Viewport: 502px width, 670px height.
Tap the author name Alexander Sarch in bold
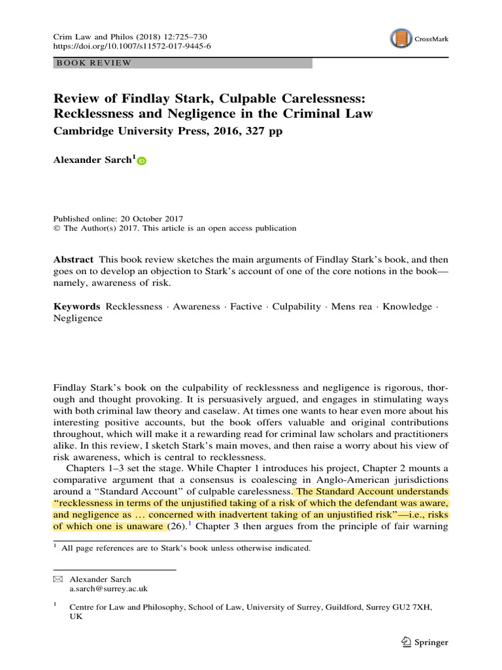(92, 161)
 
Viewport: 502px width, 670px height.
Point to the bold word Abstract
(73, 260)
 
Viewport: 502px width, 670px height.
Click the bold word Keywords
(76, 306)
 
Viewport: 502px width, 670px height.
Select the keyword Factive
(246, 306)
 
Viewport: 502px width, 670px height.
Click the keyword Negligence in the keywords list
(78, 318)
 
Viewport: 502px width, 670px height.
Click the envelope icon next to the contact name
(58, 579)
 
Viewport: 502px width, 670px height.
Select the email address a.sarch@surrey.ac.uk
(109, 589)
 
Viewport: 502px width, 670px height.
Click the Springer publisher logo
(426, 643)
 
